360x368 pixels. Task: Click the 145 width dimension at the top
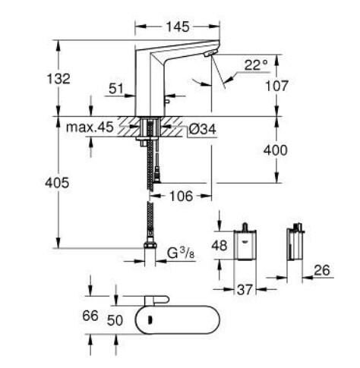click(177, 27)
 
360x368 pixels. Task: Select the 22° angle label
click(255, 65)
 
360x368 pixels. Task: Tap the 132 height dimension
click(58, 79)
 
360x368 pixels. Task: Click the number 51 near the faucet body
click(115, 89)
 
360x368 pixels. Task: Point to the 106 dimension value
click(179, 196)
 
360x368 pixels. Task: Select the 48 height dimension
click(219, 246)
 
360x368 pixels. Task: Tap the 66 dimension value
click(90, 316)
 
